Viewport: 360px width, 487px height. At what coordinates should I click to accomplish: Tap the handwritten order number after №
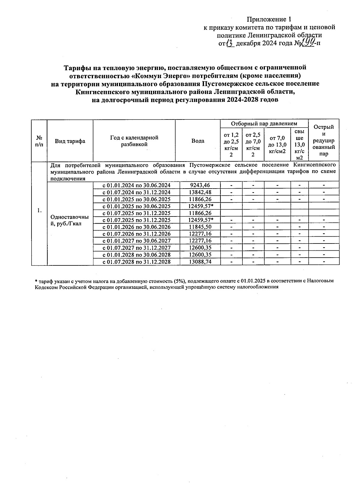pyautogui.click(x=307, y=43)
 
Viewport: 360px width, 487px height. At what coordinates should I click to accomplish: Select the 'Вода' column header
pyautogui.click(x=198, y=141)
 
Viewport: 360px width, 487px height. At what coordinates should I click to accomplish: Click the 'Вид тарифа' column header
pyautogui.click(x=70, y=141)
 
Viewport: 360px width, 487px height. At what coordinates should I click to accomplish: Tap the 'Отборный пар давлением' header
pyautogui.click(x=264, y=123)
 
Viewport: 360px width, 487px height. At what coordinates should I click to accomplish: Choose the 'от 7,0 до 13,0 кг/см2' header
pyautogui.click(x=277, y=145)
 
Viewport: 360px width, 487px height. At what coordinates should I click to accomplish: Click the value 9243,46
pyautogui.click(x=200, y=185)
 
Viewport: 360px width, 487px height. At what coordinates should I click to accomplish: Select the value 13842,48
pyautogui.click(x=200, y=192)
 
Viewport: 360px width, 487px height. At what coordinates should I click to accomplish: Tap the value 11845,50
pyautogui.click(x=200, y=227)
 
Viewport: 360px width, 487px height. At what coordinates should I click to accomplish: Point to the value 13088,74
pyautogui.click(x=200, y=262)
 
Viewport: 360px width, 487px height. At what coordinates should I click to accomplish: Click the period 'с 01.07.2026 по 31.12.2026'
pyautogui.click(x=136, y=234)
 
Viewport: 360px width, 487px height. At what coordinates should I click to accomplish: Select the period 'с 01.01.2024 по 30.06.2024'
pyautogui.click(x=136, y=185)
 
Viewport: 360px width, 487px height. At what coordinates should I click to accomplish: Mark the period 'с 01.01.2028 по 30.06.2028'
pyautogui.click(x=136, y=255)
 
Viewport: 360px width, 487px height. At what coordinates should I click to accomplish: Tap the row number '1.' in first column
pyautogui.click(x=39, y=210)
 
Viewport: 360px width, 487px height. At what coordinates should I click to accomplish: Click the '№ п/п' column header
pyautogui.click(x=39, y=141)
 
